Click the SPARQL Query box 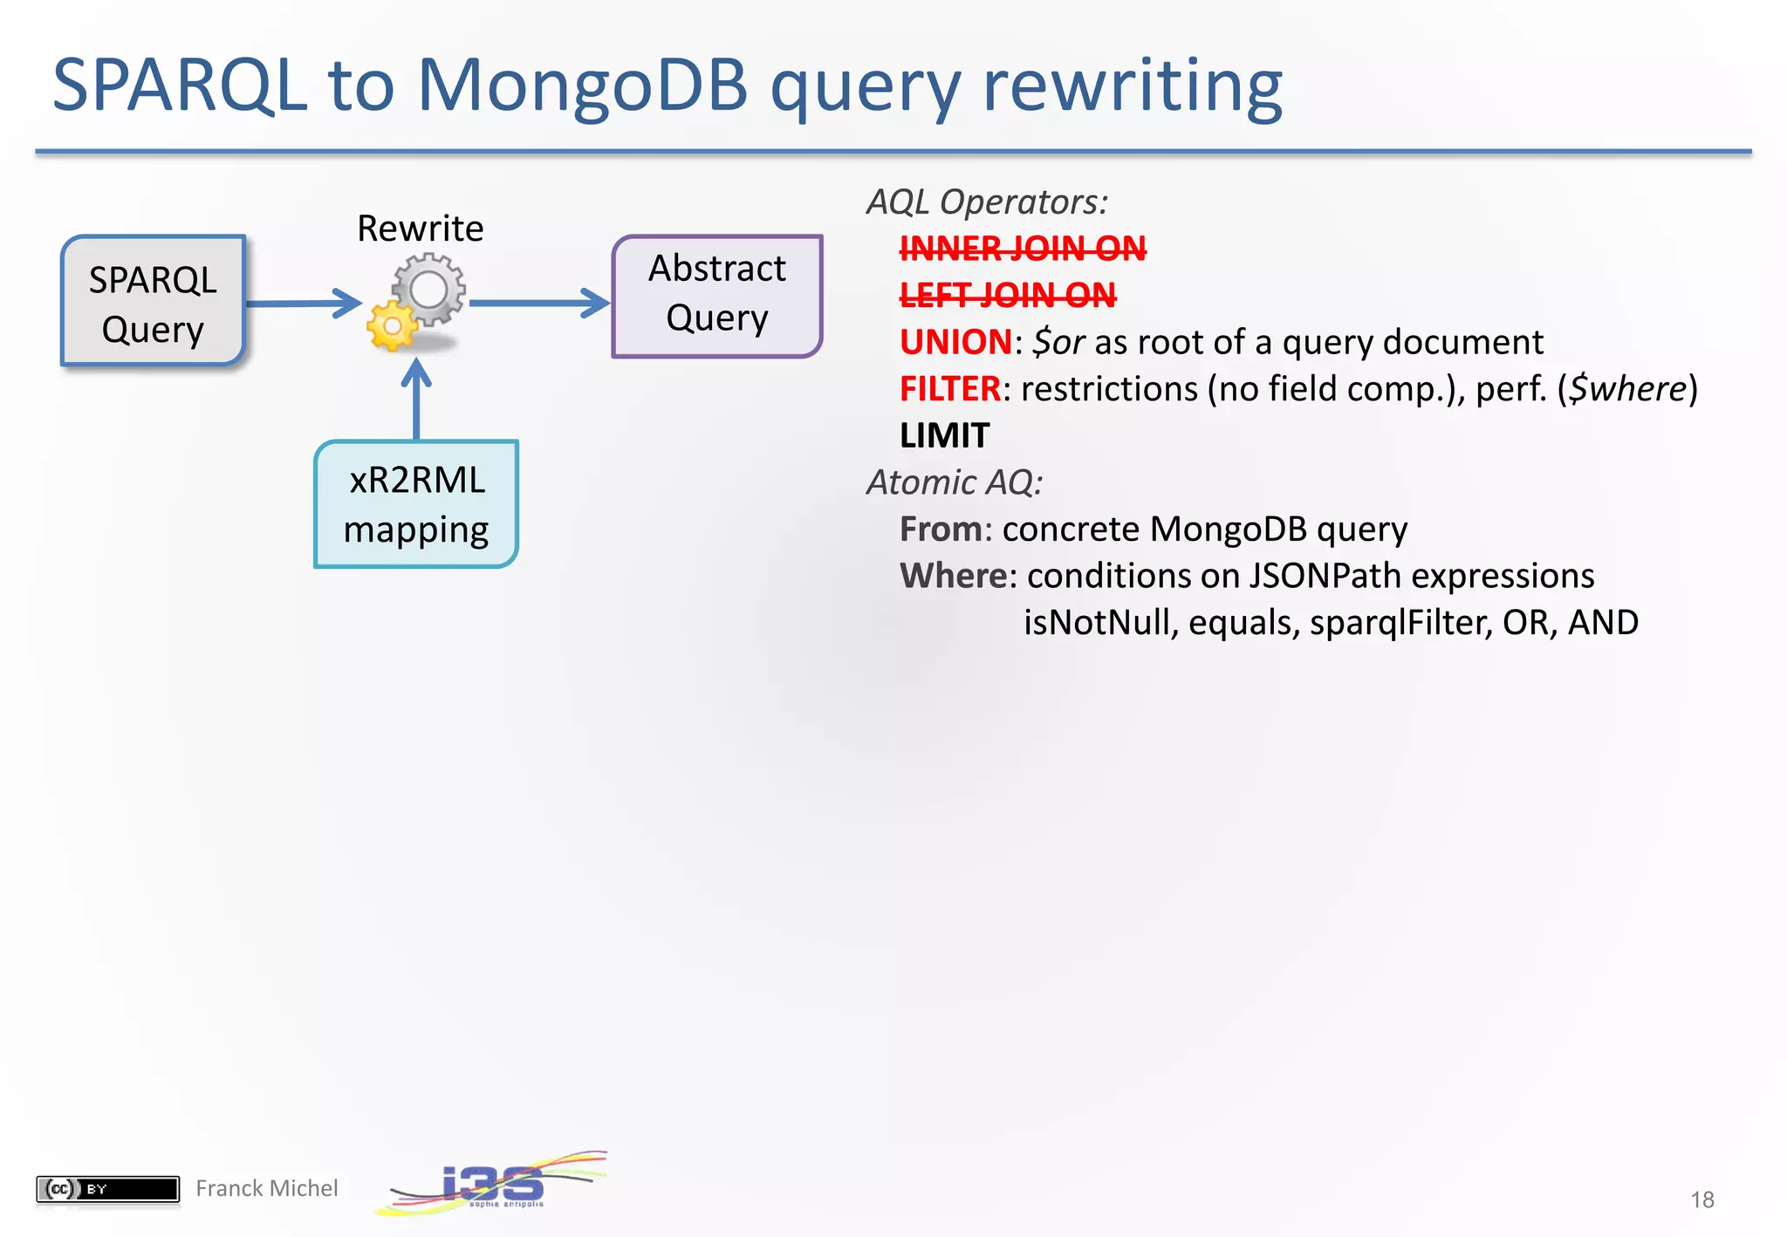153,301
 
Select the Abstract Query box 716,295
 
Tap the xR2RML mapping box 416,504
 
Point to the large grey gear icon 428,289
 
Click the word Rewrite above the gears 420,229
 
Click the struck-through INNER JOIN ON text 1022,249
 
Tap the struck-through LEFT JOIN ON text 1007,296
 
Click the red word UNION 955,342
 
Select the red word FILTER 949,389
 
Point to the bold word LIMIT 944,435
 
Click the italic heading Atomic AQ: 954,482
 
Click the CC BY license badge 107,1188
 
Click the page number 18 1701,1199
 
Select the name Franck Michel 266,1188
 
